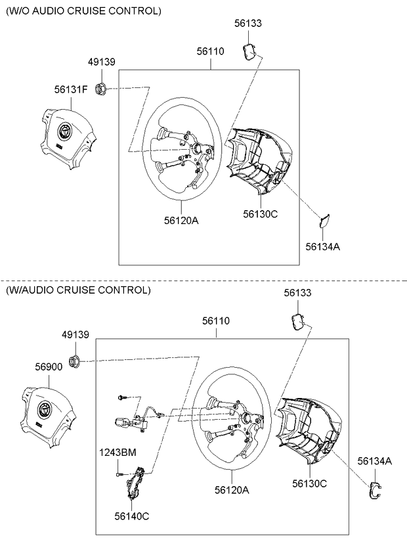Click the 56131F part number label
(71, 89)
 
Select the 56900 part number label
(49, 367)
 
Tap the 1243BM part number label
(118, 453)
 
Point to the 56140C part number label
(132, 516)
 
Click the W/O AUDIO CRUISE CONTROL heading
(83, 11)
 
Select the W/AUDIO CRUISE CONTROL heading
(78, 290)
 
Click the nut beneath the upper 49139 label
(101, 88)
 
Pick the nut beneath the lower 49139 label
(75, 361)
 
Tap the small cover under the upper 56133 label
(249, 51)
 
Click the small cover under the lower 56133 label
(297, 322)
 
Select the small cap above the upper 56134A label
(324, 221)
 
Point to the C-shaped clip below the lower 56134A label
(375, 491)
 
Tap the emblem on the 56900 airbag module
(45, 409)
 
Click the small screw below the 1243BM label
(120, 474)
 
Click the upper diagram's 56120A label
(181, 221)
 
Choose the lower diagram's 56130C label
(309, 483)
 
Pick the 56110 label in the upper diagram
(211, 51)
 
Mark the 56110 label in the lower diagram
(216, 321)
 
